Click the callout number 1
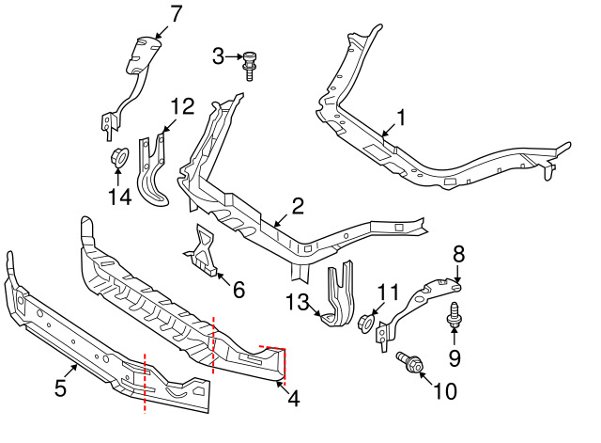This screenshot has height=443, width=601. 401,118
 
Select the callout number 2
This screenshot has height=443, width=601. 298,206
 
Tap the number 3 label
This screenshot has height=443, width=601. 218,56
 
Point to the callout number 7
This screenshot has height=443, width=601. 175,14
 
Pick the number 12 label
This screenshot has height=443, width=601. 182,106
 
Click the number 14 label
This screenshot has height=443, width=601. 120,197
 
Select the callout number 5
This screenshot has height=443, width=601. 60,388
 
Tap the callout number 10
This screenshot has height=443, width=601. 445,390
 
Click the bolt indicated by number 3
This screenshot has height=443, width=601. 249,65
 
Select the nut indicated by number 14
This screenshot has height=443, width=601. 119,158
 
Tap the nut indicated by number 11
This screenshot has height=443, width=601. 365,324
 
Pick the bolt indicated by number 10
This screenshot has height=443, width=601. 409,362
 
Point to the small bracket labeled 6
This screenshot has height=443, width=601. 202,251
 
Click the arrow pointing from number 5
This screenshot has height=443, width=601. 71,372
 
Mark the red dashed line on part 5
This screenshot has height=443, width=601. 145,383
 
